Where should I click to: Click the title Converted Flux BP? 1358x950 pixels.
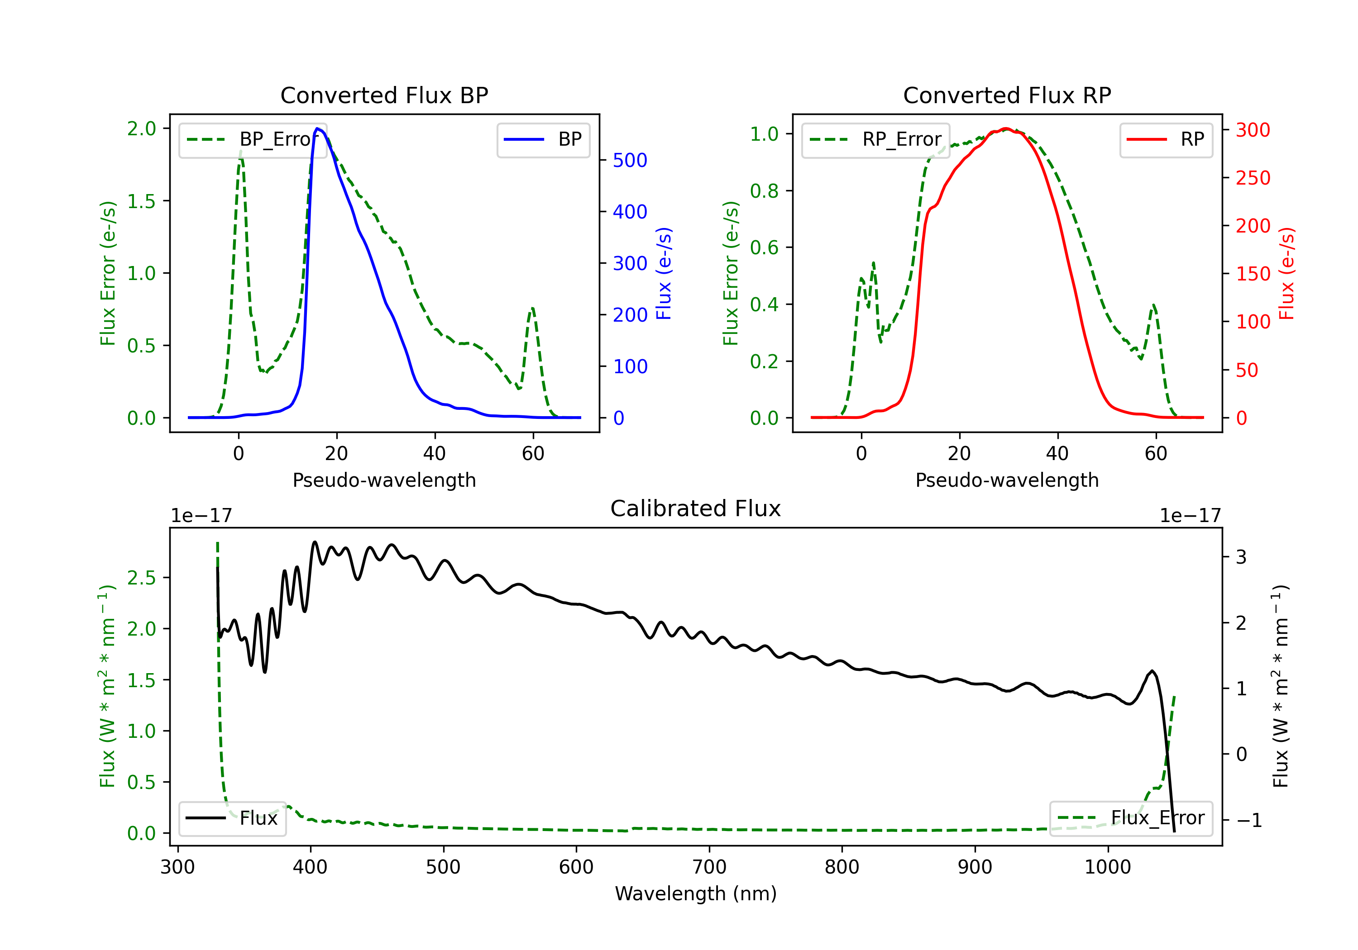point(384,95)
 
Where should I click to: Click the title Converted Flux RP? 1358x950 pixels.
point(1007,95)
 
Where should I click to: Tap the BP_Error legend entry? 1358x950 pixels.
point(253,139)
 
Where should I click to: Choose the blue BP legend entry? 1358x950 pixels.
point(543,139)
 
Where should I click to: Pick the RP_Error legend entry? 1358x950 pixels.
point(876,139)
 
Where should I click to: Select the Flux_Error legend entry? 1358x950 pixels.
point(1131,818)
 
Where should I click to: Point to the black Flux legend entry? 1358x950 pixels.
point(233,818)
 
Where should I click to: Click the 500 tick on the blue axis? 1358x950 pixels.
point(630,160)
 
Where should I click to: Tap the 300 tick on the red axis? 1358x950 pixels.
point(1253,130)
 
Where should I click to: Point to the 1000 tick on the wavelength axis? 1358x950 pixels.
point(1107,867)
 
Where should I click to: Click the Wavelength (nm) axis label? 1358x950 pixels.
point(696,893)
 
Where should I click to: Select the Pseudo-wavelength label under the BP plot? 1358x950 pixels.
point(384,480)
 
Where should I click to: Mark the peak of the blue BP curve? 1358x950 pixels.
point(318,128)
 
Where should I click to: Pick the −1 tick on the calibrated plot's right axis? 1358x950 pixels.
point(1249,820)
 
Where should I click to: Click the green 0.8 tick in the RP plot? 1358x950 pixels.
point(764,191)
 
